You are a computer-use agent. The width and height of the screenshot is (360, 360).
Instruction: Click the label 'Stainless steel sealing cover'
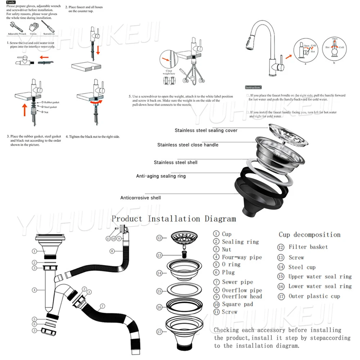(x=206, y=130)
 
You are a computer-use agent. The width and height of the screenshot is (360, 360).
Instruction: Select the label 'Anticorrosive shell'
(x=140, y=198)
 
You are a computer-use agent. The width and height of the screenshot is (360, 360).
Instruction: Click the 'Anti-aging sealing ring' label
(x=161, y=176)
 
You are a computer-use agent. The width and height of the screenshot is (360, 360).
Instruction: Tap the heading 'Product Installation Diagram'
(x=174, y=219)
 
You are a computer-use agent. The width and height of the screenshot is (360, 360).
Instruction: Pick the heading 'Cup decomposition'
(x=309, y=235)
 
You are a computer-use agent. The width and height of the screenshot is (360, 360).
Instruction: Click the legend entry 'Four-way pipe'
(x=241, y=257)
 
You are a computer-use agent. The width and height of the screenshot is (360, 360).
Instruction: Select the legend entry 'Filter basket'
(x=308, y=247)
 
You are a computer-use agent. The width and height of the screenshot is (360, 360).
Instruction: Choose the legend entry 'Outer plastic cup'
(x=314, y=296)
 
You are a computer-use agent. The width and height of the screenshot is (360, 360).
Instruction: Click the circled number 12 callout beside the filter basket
(x=159, y=238)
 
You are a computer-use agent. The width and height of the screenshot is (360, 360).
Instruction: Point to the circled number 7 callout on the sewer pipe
(x=103, y=306)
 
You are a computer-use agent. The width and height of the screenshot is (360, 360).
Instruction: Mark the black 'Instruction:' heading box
(x=253, y=87)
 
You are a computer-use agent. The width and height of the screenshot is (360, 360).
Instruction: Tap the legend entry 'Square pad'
(x=237, y=304)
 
